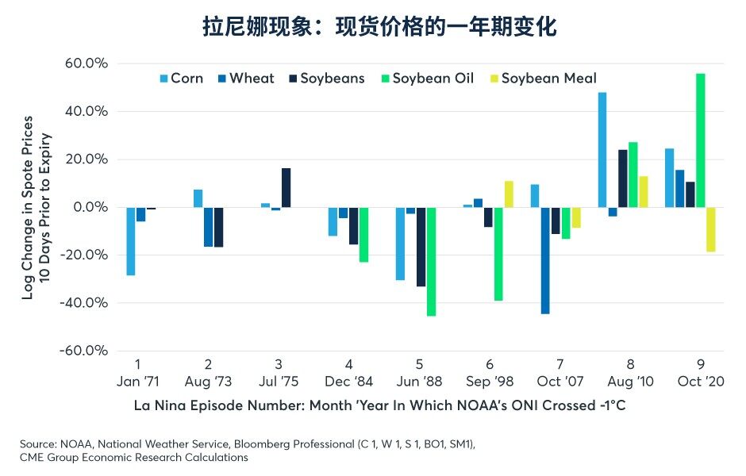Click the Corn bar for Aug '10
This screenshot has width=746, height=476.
pos(602,150)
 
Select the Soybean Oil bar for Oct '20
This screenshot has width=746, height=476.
pos(700,140)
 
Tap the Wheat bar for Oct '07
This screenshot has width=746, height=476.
pos(545,260)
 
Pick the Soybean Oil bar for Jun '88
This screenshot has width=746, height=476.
pos(431,262)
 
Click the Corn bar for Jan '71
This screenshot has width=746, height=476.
pos(130,241)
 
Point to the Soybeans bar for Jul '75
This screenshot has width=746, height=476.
pos(286,188)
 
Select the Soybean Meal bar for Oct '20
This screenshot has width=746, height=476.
pos(711,229)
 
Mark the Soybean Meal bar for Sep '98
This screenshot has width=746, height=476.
pos(509,194)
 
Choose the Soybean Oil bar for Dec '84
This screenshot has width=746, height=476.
pos(363,235)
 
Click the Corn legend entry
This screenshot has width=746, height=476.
pos(182,78)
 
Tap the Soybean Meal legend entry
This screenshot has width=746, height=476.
pos(543,78)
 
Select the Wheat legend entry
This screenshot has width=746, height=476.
pos(246,78)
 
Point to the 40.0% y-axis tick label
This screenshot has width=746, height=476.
pos(87,111)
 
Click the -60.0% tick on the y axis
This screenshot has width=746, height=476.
pos(84,351)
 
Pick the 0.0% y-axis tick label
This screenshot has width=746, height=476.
pos(90,207)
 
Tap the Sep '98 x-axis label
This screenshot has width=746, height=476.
pos(490,382)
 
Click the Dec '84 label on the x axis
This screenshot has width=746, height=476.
pos(348,382)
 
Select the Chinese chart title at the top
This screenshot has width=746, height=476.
pos(379,26)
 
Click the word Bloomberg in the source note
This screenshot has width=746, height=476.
pos(262,444)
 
